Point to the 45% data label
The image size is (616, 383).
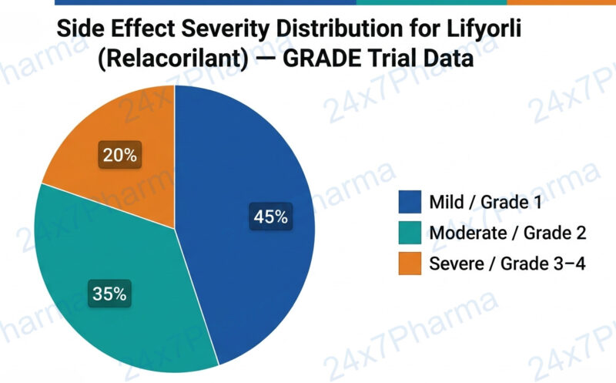270,217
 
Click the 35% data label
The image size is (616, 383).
109,294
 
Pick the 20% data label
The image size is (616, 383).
120,155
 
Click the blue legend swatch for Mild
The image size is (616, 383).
410,203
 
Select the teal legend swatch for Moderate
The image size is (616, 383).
410,233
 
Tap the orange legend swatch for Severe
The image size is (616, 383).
410,264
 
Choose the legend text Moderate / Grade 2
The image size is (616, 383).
508,233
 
